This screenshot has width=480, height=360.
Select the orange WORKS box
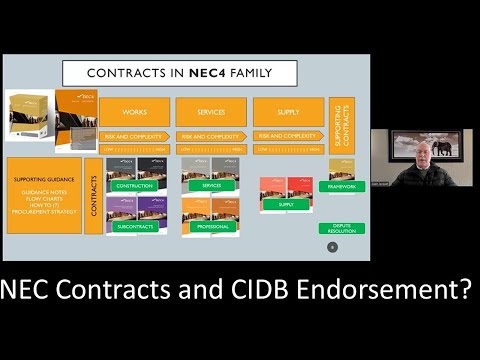[x=135, y=112]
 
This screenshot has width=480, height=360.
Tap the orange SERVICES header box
[x=211, y=112]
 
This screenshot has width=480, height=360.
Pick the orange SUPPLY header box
[x=287, y=112]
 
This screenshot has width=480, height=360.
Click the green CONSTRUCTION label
[x=135, y=186]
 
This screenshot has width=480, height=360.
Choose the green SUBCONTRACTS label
[x=135, y=226]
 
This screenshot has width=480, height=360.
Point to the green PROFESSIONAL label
[x=211, y=226]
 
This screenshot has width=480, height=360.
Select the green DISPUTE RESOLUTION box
[x=341, y=228]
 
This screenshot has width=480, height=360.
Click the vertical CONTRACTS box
[x=96, y=195]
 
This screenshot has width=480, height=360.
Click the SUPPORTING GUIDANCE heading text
[x=42, y=180]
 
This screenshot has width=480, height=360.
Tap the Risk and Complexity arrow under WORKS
[x=135, y=136]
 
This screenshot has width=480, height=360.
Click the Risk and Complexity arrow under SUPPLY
[x=287, y=135]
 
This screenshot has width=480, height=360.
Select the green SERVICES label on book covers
[x=211, y=186]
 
